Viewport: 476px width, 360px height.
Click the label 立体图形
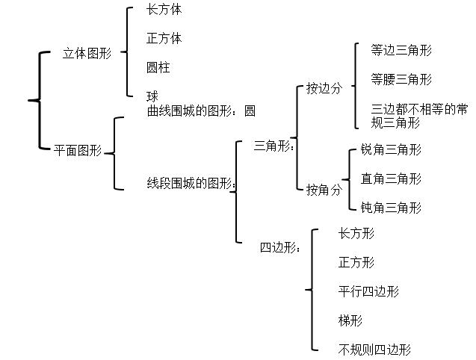87,54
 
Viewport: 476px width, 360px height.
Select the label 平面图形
78,151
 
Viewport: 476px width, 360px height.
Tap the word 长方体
164,10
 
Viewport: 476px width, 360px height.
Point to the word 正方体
164,38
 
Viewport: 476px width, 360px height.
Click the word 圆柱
158,67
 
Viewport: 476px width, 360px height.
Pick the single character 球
152,96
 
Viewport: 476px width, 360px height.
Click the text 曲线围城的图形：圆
201,111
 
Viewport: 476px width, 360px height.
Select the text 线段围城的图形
191,183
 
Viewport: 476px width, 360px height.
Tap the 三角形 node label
273,146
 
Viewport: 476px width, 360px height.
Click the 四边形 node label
278,248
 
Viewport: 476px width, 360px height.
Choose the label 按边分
324,88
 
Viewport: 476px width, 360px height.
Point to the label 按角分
324,190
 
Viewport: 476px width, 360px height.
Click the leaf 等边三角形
401,51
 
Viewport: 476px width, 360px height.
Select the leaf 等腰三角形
401,79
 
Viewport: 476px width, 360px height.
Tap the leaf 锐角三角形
391,149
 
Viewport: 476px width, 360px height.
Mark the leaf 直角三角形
391,179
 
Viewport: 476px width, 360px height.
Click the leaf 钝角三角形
391,207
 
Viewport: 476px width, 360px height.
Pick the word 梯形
350,320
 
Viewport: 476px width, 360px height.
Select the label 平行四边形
368,291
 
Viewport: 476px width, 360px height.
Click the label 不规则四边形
374,349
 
